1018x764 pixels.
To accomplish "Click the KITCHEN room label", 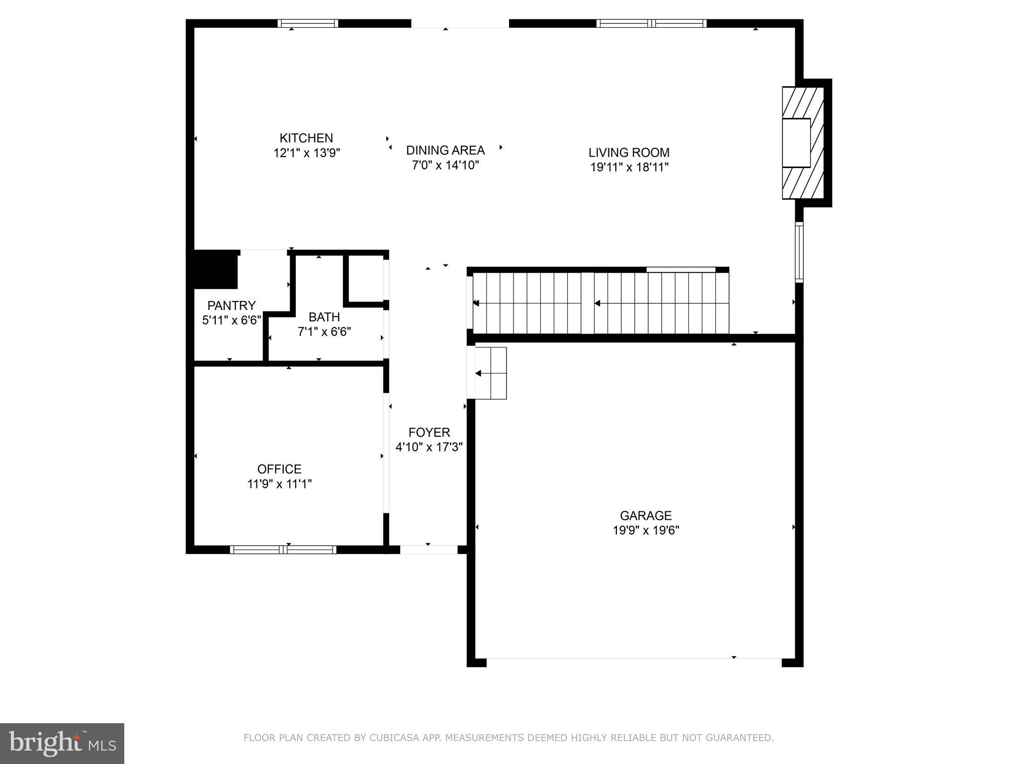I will (306, 138).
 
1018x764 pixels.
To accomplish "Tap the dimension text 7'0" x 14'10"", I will (445, 165).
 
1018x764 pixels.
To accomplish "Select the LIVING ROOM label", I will (629, 152).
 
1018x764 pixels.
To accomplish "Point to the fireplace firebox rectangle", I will (796, 143).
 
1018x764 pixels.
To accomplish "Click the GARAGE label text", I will (645, 515).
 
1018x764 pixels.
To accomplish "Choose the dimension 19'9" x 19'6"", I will (645, 530).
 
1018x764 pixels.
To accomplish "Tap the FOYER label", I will (429, 432).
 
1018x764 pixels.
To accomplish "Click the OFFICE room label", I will (279, 469).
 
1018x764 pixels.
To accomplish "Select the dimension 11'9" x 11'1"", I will (279, 483).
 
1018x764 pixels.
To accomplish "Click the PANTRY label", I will (231, 305).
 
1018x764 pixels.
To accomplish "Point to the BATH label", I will (324, 317).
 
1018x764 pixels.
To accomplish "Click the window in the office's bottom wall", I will (283, 550).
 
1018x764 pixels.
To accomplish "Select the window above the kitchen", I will (308, 23).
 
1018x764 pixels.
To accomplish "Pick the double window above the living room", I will (651, 23).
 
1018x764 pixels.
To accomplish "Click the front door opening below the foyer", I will (428, 550).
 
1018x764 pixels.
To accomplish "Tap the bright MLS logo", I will (62, 744).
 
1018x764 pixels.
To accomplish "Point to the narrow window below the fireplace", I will (799, 252).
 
